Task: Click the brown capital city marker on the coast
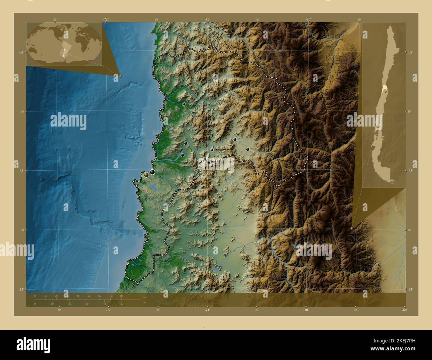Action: [x=147, y=175]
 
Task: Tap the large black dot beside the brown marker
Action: [x=152, y=172]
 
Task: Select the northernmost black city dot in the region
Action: [x=184, y=104]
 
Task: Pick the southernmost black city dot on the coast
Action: [x=147, y=239]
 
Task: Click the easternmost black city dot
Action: [x=248, y=149]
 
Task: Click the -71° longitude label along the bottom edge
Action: [x=207, y=310]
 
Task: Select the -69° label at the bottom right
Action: [x=404, y=310]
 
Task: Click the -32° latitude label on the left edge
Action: [x=21, y=52]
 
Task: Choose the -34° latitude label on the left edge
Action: [x=21, y=290]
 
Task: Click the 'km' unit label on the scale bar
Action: [x=145, y=297]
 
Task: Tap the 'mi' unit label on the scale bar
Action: [x=145, y=303]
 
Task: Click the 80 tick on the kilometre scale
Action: [x=122, y=296]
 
